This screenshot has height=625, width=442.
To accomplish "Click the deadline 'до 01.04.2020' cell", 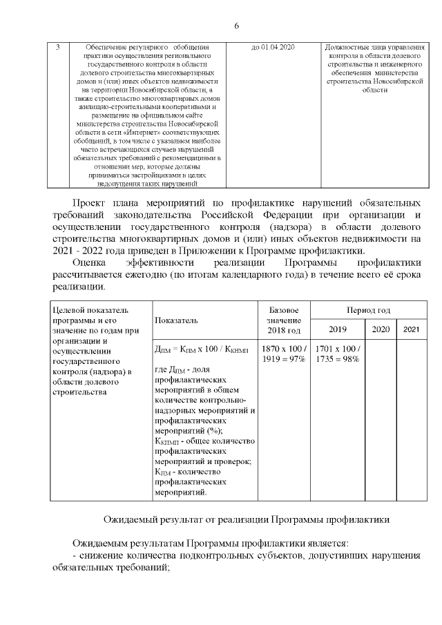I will point(273,47).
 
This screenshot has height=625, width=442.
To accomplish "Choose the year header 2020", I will point(381,329).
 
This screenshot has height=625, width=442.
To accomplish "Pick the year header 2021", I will point(412,329).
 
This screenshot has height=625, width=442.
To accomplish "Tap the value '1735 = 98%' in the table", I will point(336,359).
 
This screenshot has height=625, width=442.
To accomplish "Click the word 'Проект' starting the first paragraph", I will point(93,202).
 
